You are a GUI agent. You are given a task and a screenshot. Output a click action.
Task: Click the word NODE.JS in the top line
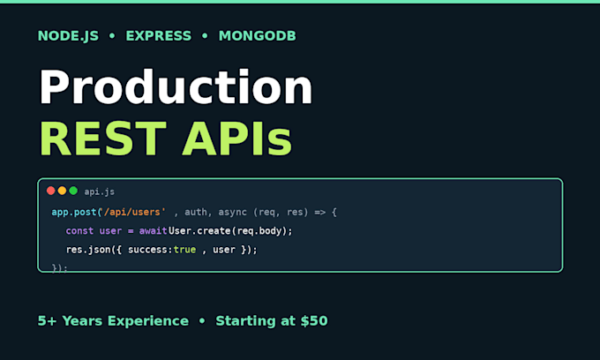coord(68,36)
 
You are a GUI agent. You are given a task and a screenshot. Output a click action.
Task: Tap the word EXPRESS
coord(159,36)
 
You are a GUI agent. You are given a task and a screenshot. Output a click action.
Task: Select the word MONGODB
coord(257,36)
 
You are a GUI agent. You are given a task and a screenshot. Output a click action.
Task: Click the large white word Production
coord(176,87)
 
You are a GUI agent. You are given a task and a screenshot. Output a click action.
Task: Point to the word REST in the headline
coord(103,139)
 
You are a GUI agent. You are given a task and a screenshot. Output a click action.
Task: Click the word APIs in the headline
coord(236,139)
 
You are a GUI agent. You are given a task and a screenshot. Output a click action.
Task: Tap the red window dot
coord(50,191)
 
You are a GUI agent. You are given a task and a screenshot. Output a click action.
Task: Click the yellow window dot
coord(62,191)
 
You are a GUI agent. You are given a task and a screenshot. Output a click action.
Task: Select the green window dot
coord(73,191)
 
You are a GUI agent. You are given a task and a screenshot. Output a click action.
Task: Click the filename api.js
coord(99,191)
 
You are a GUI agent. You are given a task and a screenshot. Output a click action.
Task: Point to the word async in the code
coord(232,213)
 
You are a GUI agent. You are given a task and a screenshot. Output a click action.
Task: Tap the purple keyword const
coord(79,231)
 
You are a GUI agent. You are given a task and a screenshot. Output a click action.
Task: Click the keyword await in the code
coord(153,231)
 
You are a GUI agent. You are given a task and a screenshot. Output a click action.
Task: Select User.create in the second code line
coord(199,231)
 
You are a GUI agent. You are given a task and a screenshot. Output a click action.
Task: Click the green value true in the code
coord(184,250)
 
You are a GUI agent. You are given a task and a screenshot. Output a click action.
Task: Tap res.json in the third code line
coord(88,251)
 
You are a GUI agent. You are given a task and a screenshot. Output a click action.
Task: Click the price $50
coord(314,321)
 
